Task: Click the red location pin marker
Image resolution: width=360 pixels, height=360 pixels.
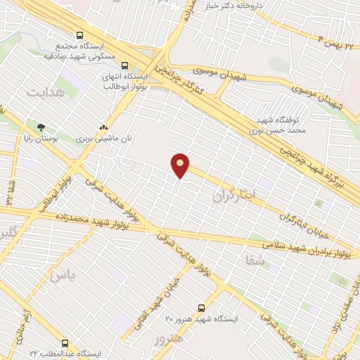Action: click(181, 165)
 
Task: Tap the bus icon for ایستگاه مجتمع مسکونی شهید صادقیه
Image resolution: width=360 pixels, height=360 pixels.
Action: click(79, 34)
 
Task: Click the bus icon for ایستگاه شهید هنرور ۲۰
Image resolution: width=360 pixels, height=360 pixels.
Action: click(202, 308)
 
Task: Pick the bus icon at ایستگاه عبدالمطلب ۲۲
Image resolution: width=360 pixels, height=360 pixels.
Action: click(65, 344)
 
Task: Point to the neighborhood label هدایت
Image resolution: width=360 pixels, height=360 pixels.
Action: click(45, 92)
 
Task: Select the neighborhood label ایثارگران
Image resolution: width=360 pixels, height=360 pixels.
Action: click(236, 191)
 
